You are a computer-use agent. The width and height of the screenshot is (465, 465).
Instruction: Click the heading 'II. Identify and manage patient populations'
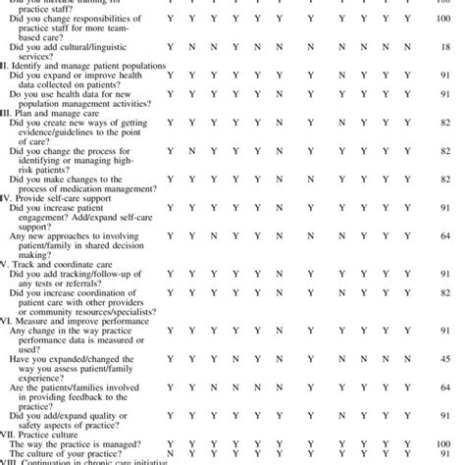pyautogui.click(x=84, y=64)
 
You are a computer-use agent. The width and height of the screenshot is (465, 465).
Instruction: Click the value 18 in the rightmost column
pyautogui.click(x=445, y=47)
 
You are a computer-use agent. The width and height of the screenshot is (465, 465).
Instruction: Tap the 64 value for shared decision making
pyautogui.click(x=445, y=236)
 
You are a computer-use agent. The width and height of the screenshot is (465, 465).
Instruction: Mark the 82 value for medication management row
pyautogui.click(x=445, y=181)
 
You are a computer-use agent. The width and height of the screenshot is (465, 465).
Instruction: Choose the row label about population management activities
pyautogui.click(x=77, y=96)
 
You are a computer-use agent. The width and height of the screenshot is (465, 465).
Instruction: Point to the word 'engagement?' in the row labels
pyautogui.click(x=40, y=219)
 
